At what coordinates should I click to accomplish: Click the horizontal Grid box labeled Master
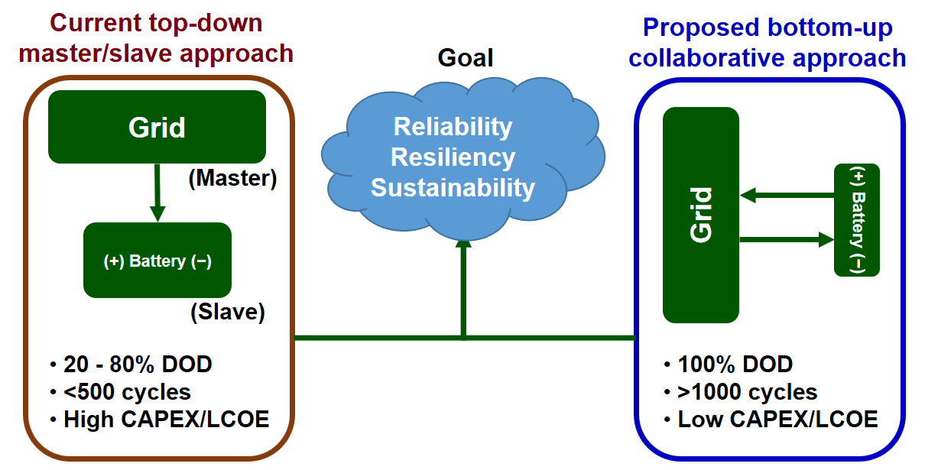coord(157,127)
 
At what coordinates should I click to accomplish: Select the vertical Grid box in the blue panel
coord(701,215)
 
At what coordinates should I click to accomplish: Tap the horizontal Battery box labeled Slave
coord(157,260)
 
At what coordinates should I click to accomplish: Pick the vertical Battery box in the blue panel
coord(857,220)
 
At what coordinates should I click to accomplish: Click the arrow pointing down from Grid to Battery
coord(157,193)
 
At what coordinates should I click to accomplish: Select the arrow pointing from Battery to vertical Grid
coord(787,195)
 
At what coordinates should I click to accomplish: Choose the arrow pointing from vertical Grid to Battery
coord(787,239)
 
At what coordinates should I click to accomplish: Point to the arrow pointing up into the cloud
coord(463,290)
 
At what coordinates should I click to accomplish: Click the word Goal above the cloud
coord(466,57)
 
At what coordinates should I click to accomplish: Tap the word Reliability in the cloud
coord(453,126)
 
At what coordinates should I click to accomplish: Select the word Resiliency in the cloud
coord(453,157)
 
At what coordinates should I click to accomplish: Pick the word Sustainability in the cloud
coord(453,188)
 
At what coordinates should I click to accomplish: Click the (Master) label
coord(232,178)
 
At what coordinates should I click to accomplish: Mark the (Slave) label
coord(228,312)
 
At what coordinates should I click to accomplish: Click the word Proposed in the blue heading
coord(701,28)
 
